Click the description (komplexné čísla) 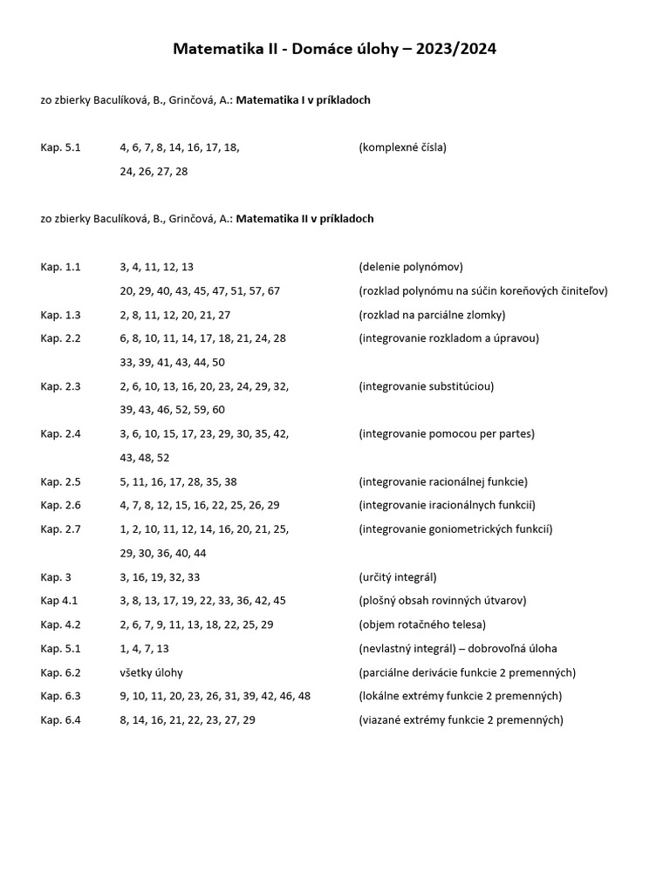click(x=402, y=147)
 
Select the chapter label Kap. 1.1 click(x=60, y=267)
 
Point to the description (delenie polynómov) click(x=411, y=267)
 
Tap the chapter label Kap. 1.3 click(x=60, y=315)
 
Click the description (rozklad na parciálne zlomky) click(x=432, y=315)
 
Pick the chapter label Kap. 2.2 click(x=60, y=338)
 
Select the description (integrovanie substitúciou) click(x=425, y=386)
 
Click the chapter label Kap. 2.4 click(x=60, y=433)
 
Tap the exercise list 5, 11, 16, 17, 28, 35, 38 click(x=178, y=481)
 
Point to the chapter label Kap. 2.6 click(x=60, y=505)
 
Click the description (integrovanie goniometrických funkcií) click(x=455, y=528)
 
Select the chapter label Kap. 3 click(x=56, y=576)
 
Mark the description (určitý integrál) click(x=398, y=576)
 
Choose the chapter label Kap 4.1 click(x=58, y=600)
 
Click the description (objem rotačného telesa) click(x=422, y=624)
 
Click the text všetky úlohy click(x=151, y=672)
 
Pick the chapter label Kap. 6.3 click(x=60, y=696)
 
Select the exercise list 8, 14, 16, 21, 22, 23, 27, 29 click(x=188, y=719)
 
